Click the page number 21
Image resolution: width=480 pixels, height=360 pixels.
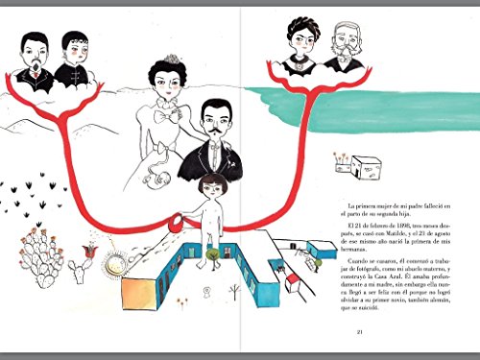[357, 332]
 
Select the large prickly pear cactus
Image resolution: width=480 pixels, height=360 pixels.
[41, 257]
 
